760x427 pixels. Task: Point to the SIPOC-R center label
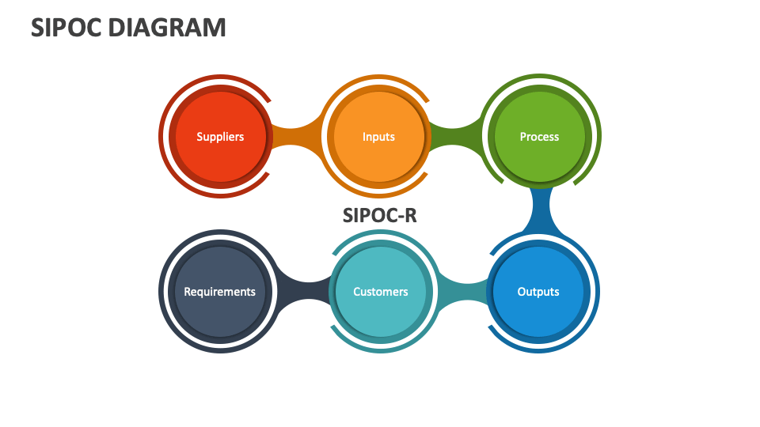379,215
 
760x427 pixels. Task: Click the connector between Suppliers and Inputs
297,137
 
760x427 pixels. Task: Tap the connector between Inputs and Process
457,137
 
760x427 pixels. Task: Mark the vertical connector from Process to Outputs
541,211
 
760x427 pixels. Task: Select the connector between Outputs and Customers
462,292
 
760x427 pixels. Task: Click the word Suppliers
220,137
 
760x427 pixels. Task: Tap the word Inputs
378,137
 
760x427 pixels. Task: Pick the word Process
539,137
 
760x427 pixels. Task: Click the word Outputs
538,292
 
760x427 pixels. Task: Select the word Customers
381,292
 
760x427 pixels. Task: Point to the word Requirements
219,292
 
